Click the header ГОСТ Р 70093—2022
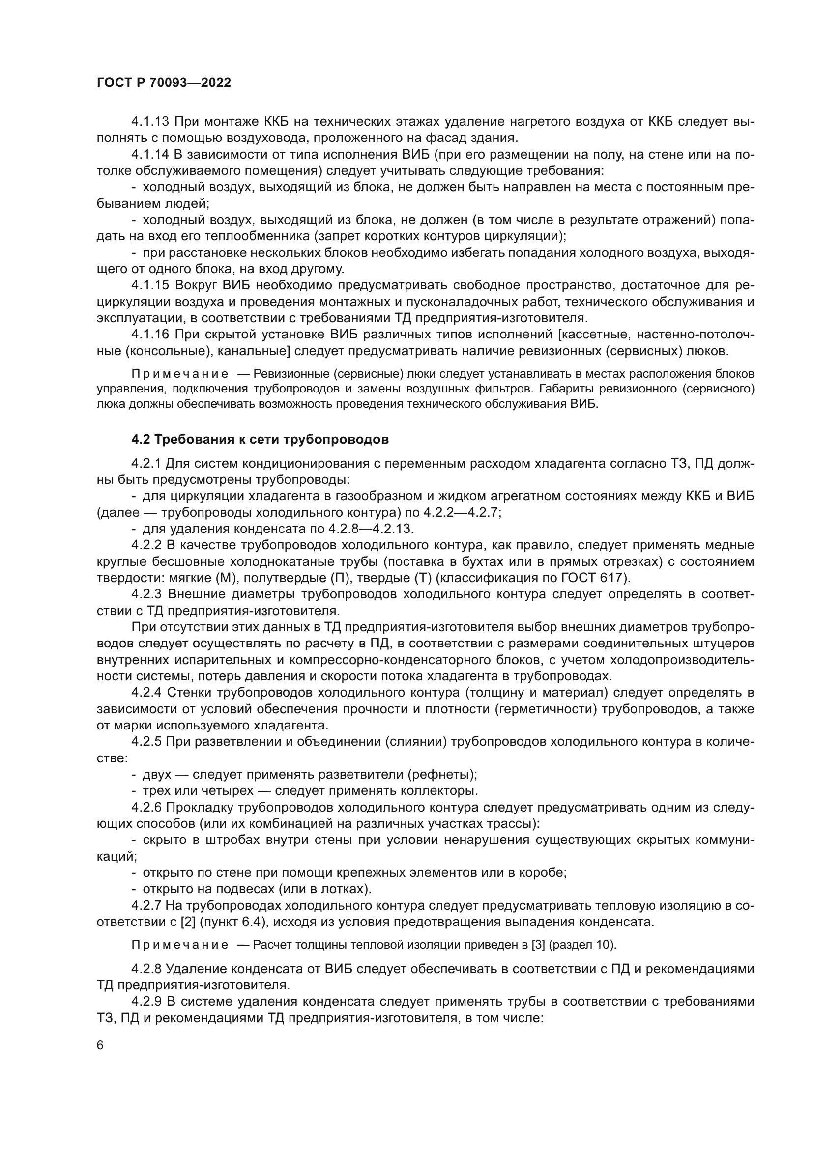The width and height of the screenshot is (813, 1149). [164, 83]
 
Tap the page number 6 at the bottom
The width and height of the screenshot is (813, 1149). [100, 1046]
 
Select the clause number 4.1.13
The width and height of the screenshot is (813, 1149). [151, 122]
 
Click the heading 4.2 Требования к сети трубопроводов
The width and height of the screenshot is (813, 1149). [260, 439]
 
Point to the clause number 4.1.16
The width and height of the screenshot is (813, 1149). [151, 335]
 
